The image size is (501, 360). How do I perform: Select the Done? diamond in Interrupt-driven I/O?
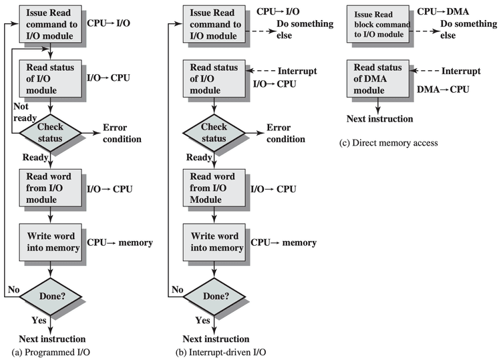pos(213,295)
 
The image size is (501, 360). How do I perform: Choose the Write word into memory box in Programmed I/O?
pos(51,242)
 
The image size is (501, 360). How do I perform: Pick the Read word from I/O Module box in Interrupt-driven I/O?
pos(213,188)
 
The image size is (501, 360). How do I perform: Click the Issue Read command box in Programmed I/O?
pos(51,25)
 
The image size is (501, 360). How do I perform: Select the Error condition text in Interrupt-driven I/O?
pos(286,133)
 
